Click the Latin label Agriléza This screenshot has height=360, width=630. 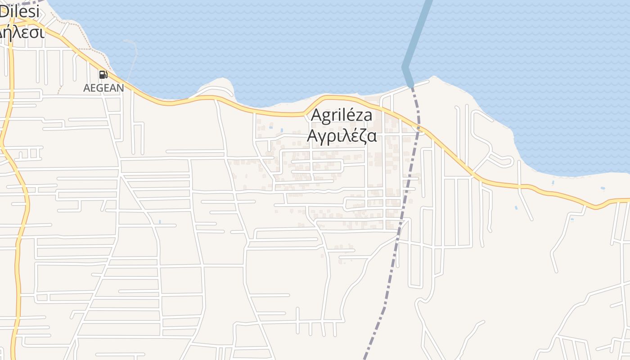pyautogui.click(x=342, y=116)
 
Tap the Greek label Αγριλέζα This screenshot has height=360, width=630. pyautogui.click(x=342, y=135)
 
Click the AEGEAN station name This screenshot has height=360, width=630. pyautogui.click(x=103, y=88)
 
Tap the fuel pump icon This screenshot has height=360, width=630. pyautogui.click(x=103, y=75)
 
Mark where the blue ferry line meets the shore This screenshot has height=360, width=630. pyautogui.click(x=410, y=84)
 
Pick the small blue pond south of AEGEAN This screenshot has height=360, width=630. pyautogui.click(x=160, y=222)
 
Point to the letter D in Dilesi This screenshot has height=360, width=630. pyautogui.click(x=4, y=11)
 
